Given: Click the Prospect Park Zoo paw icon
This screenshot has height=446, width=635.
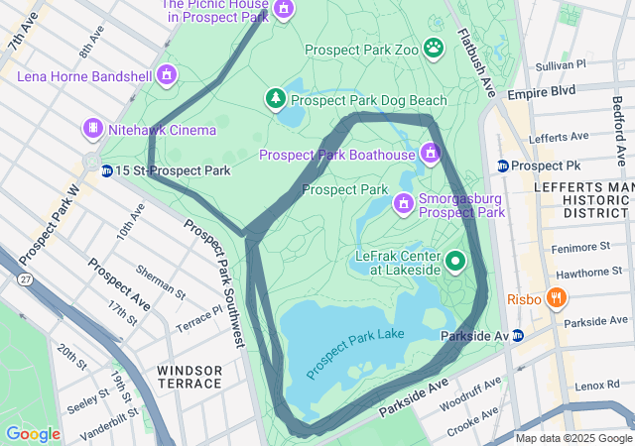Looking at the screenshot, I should [434, 48].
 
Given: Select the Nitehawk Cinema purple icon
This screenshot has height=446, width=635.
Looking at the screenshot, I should [93, 130].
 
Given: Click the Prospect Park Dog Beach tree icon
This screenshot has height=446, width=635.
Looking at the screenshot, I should [275, 99].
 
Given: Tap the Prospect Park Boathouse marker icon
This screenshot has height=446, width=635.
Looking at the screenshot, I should [430, 154].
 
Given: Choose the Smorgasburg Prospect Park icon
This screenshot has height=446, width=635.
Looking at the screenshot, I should [403, 204].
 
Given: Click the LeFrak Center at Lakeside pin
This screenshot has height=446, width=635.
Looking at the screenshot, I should [455, 262].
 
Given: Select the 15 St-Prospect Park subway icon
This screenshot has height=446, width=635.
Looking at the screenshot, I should [105, 170].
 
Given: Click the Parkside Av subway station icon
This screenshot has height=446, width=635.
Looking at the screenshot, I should [517, 337].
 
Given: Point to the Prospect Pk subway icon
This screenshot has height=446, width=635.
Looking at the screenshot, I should [503, 165].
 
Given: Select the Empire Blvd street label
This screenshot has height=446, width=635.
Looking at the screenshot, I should [541, 91].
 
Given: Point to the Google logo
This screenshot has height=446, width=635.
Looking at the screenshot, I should [33, 433].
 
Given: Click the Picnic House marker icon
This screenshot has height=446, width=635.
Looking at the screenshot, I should [284, 9].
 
